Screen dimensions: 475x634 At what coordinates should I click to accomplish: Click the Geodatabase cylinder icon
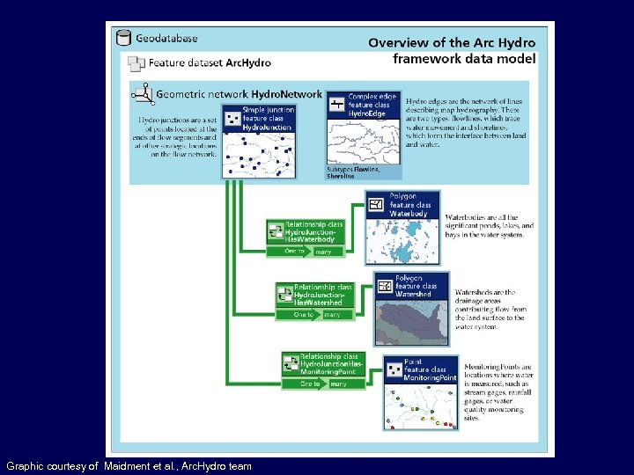(123, 38)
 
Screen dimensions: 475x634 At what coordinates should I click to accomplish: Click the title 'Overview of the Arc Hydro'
(451, 42)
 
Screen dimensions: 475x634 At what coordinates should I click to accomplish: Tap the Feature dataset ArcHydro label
(209, 63)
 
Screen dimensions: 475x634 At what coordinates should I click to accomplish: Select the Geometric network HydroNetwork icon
(142, 92)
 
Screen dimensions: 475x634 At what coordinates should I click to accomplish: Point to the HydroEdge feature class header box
(363, 105)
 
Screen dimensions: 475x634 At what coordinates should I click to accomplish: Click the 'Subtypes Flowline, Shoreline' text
(352, 172)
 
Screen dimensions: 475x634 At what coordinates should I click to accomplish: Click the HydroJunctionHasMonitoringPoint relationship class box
(322, 364)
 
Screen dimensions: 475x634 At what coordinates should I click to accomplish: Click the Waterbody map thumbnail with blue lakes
(401, 240)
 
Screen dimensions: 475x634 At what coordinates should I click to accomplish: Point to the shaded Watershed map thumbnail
(411, 322)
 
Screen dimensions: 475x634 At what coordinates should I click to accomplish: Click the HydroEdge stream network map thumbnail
(363, 141)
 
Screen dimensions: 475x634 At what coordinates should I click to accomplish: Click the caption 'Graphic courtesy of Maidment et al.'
(129, 465)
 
